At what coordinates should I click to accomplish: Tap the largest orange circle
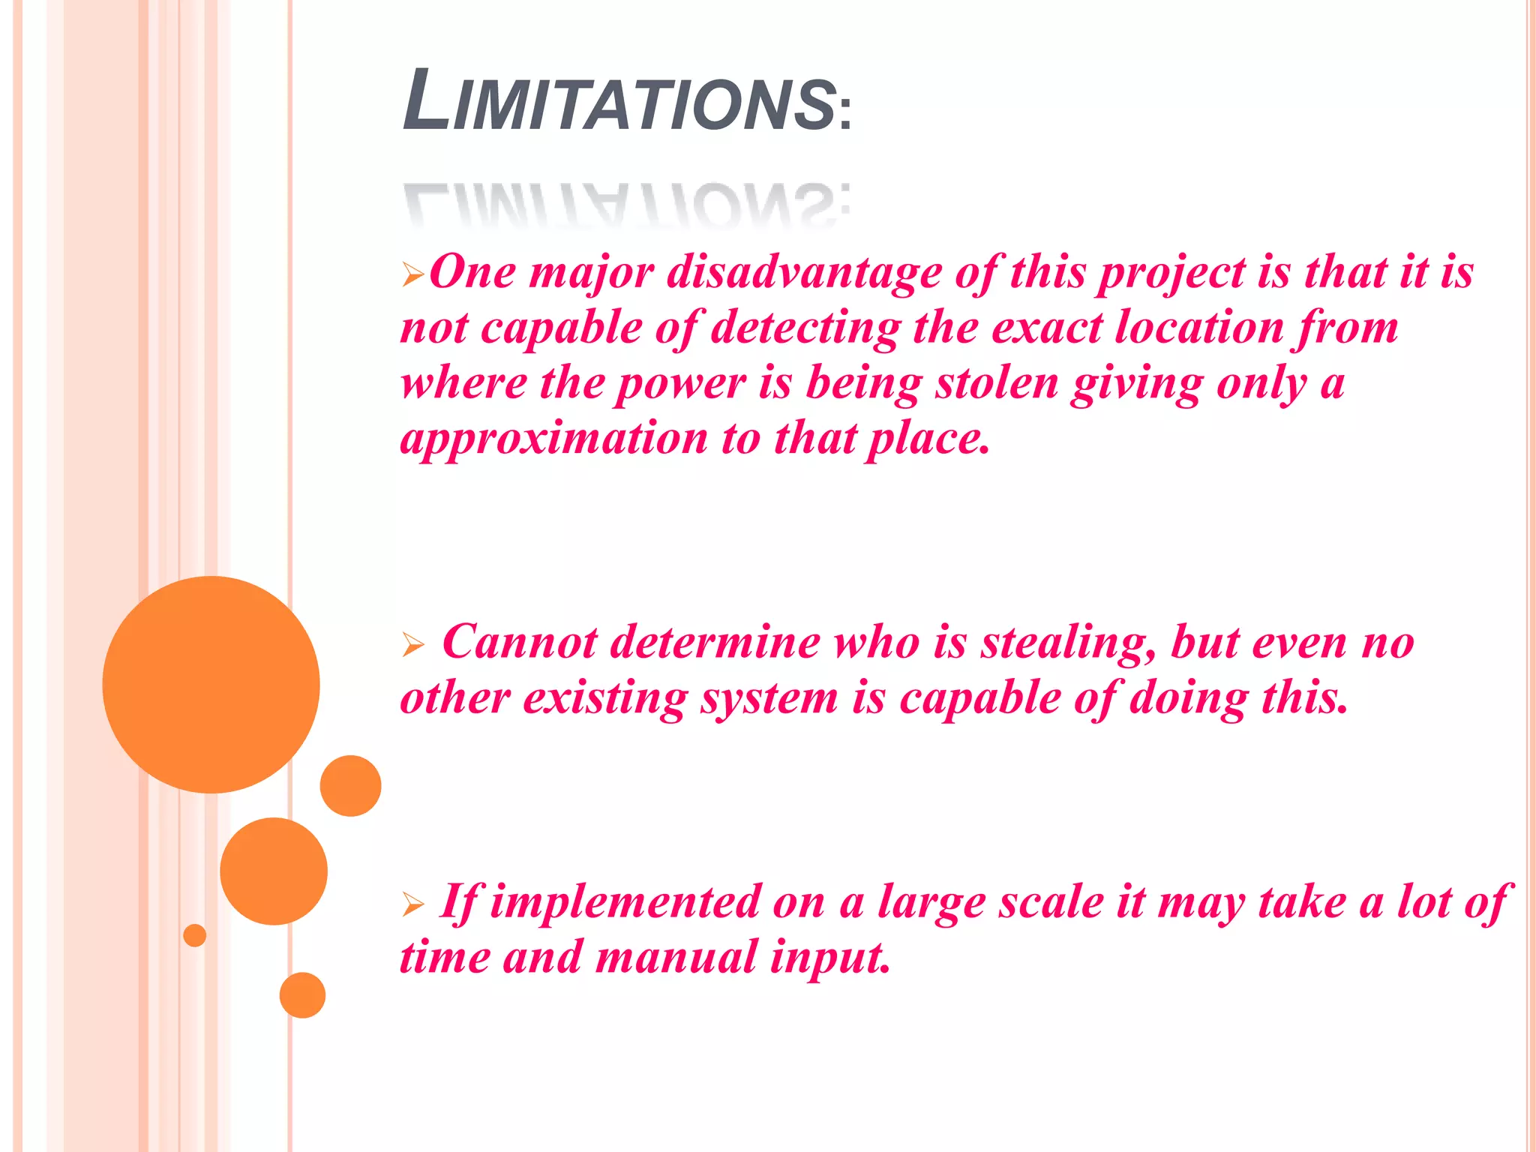point(211,684)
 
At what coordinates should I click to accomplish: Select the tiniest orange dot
point(194,935)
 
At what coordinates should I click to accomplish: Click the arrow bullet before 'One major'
point(412,274)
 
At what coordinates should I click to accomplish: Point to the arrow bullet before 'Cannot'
point(412,644)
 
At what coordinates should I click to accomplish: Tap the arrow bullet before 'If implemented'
point(412,904)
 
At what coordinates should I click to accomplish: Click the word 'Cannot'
point(520,642)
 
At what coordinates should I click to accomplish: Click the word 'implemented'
point(625,902)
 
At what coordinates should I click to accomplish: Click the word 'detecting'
point(805,328)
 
